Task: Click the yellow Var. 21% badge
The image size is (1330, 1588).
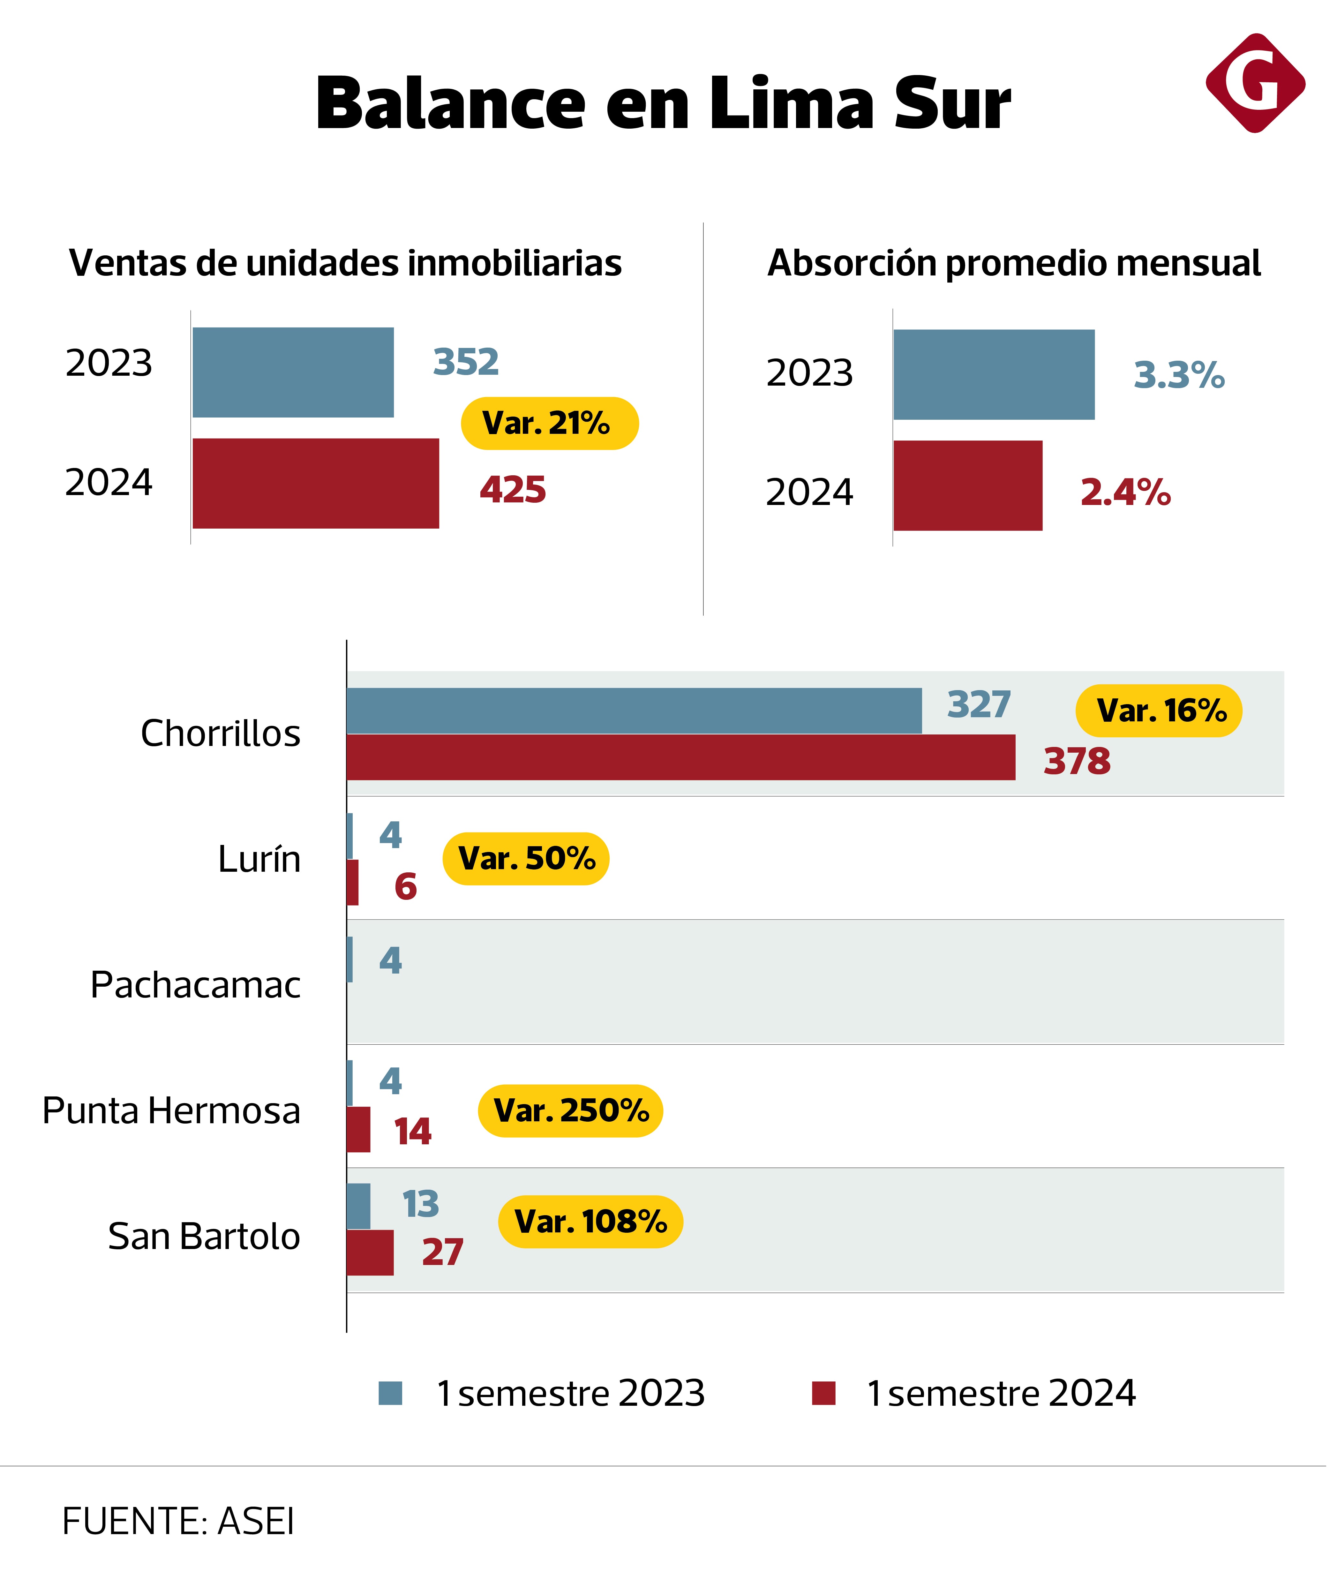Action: pos(550,424)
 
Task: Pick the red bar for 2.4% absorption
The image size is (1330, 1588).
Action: pos(968,485)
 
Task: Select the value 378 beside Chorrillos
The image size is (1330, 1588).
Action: pos(1078,762)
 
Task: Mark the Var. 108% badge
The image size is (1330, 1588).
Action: pos(590,1222)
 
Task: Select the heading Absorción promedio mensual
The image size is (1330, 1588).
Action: pos(1014,263)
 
